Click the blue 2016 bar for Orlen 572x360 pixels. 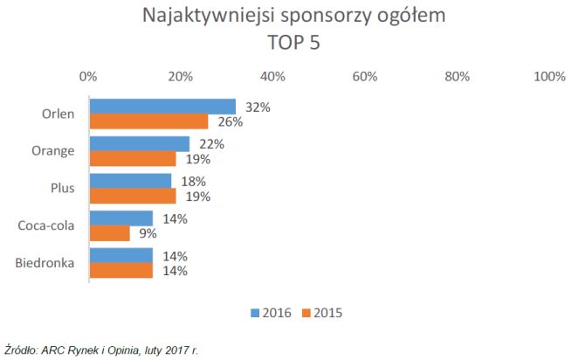click(x=162, y=107)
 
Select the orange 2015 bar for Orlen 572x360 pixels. click(x=148, y=121)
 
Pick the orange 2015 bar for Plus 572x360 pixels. click(x=133, y=197)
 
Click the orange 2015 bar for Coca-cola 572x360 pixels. click(x=110, y=233)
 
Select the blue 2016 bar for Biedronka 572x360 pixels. click(x=121, y=256)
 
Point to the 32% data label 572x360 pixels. click(x=258, y=107)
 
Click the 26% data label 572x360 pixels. click(x=230, y=122)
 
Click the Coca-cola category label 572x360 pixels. click(x=46, y=226)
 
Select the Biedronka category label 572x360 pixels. click(x=46, y=264)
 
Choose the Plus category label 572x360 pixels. click(x=63, y=189)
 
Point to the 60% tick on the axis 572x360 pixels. click(x=365, y=77)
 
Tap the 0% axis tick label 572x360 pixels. click(x=87, y=77)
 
